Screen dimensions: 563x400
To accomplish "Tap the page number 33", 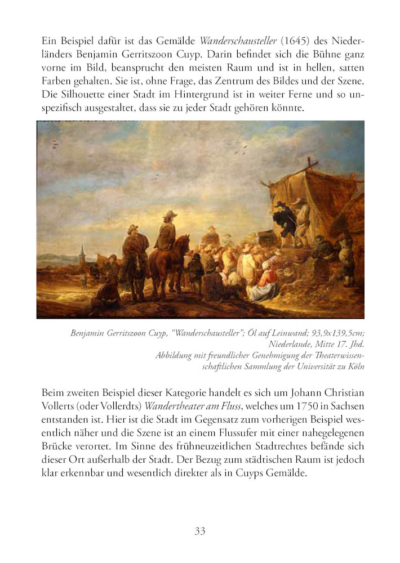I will click(200, 531).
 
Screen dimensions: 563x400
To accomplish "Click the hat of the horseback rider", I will click(170, 213).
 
